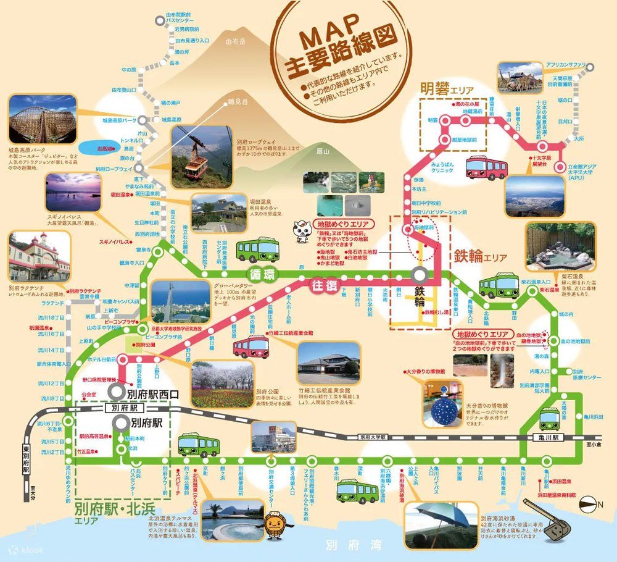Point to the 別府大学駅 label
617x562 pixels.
(374, 437)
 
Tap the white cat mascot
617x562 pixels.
(303, 229)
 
